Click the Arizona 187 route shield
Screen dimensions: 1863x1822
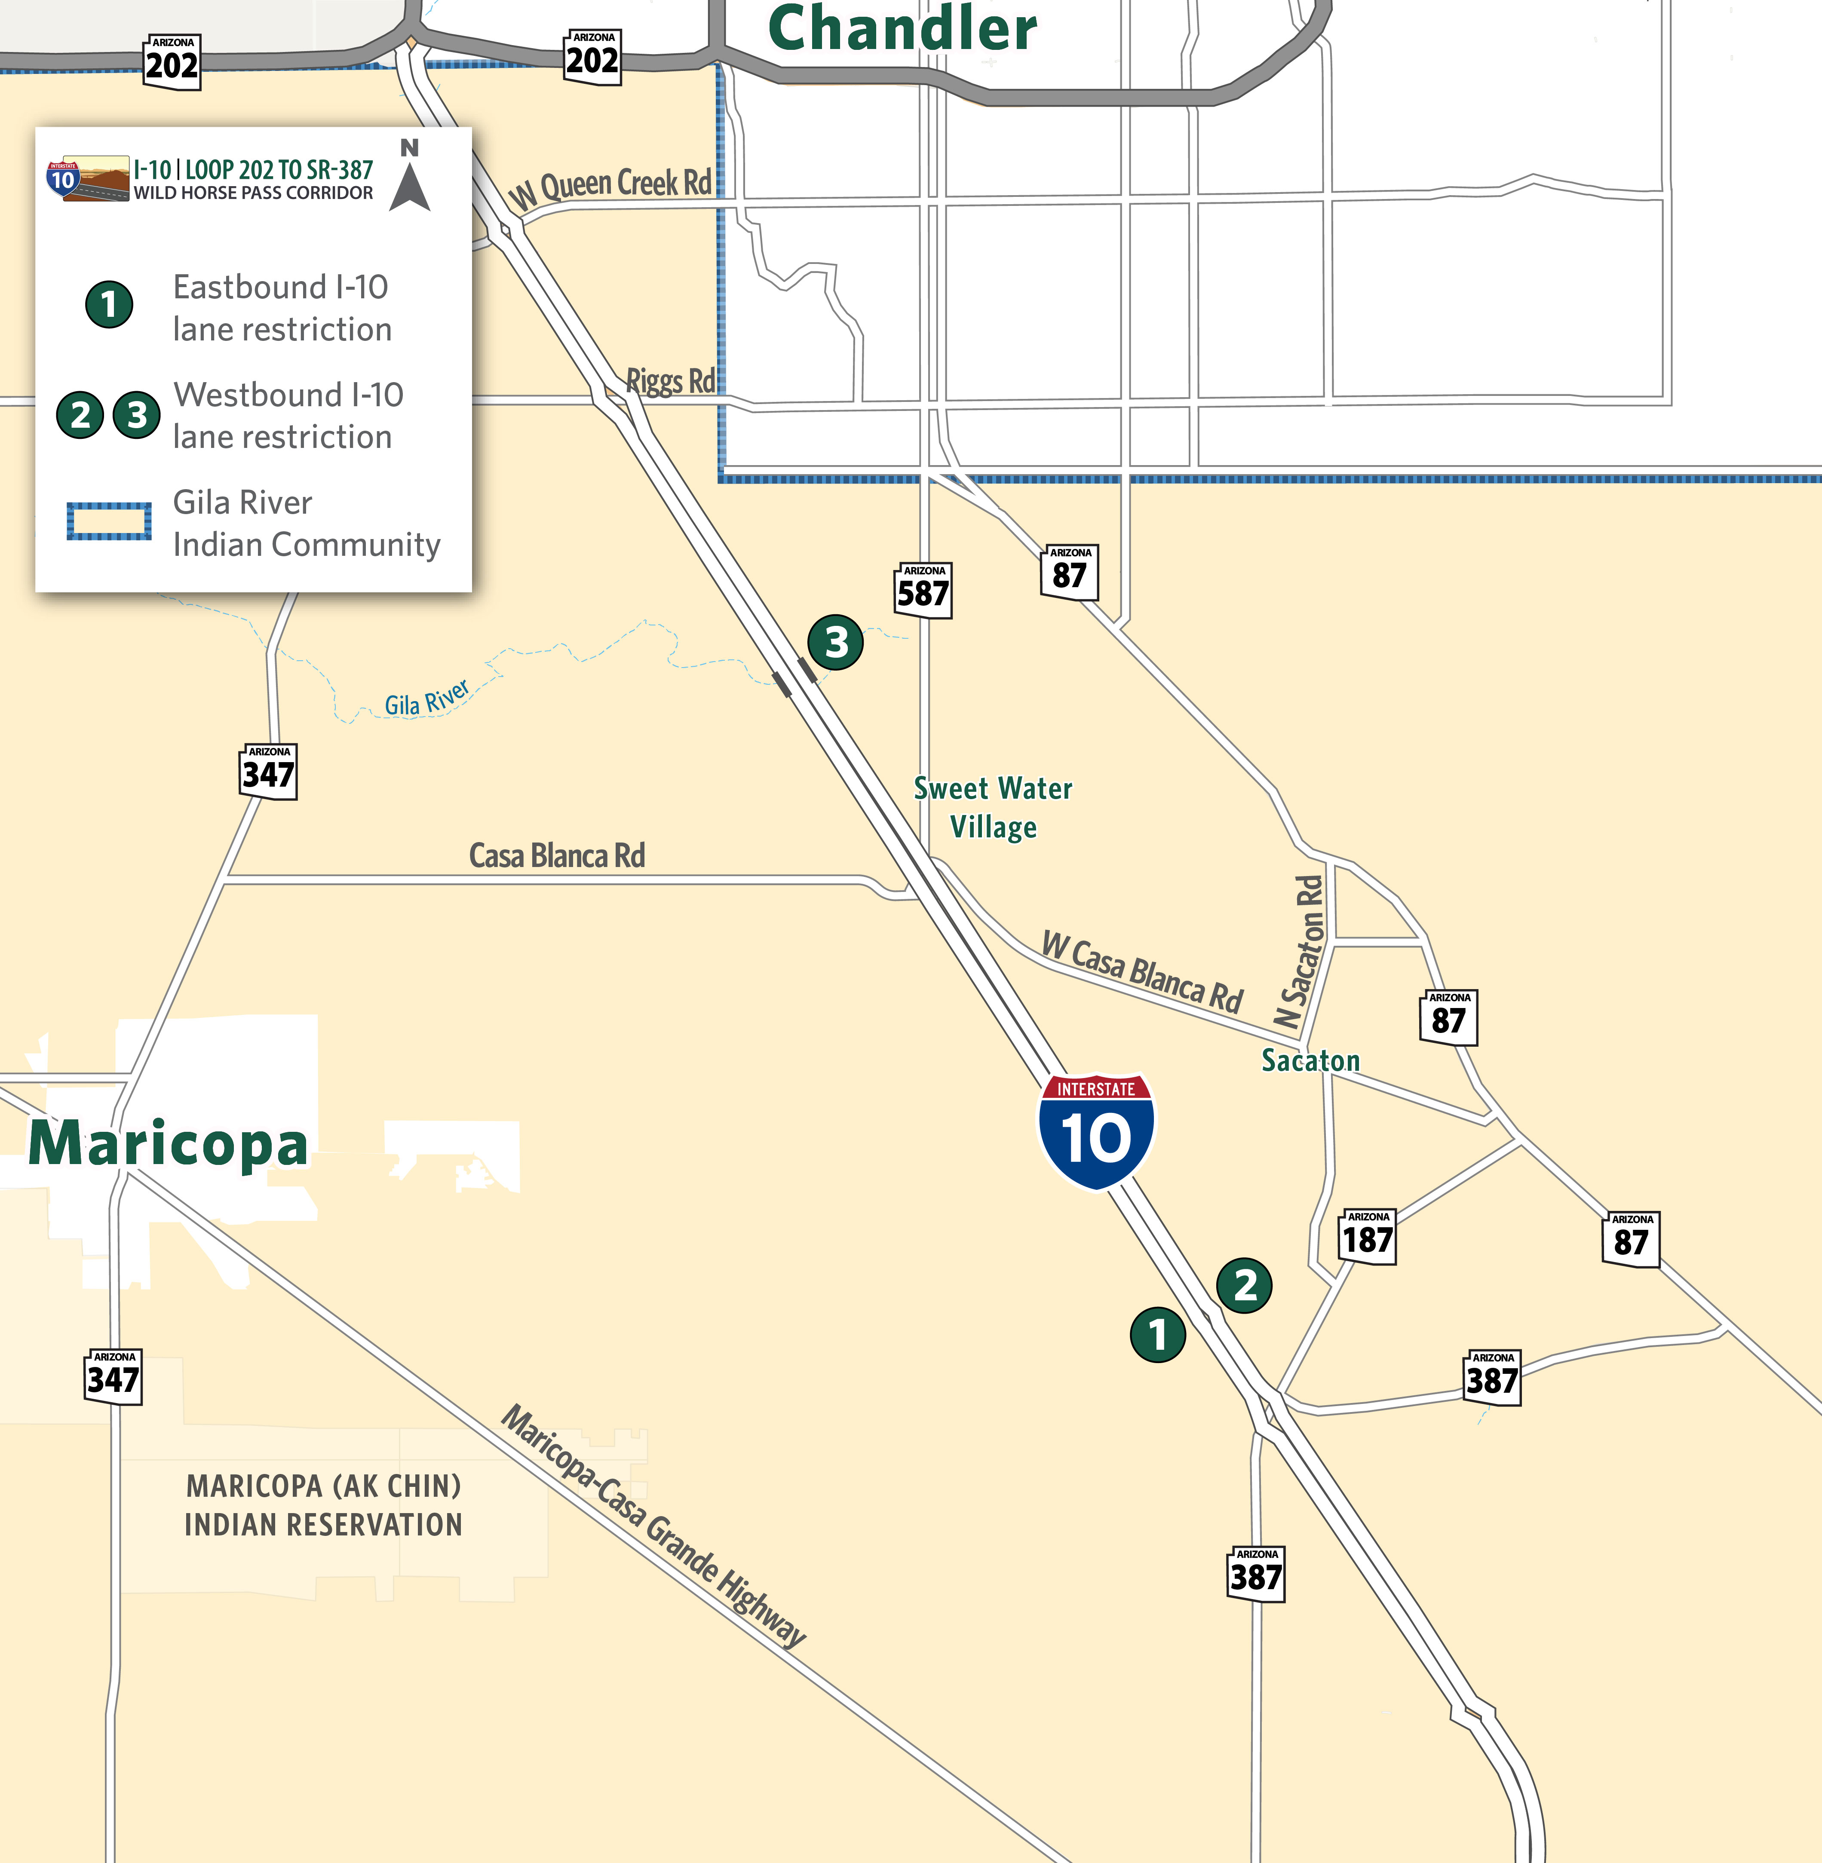tap(1368, 1236)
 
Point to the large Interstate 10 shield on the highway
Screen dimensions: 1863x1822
tap(1097, 1132)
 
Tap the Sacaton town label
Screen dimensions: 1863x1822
tap(1310, 1060)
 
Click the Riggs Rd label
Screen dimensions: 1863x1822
tap(670, 381)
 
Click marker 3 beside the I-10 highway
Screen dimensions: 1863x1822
tap(835, 642)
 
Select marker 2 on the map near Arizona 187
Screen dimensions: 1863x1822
tap(1244, 1285)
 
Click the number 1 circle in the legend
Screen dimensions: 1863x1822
tap(109, 304)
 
